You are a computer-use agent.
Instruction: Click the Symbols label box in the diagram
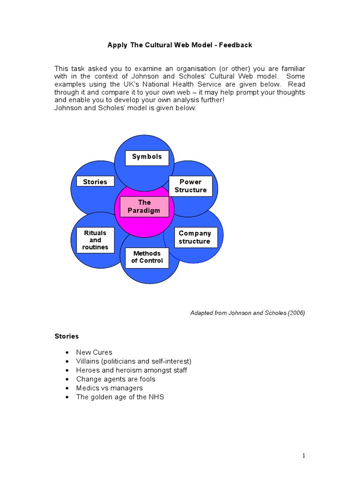[x=147, y=157]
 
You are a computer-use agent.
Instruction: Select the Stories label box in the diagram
[x=95, y=182]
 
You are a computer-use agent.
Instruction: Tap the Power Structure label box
[x=191, y=186]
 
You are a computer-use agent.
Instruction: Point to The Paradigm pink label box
[x=144, y=207]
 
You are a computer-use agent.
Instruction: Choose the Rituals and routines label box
[x=95, y=240]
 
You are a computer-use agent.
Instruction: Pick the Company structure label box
[x=195, y=237]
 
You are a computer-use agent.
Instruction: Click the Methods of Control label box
[x=147, y=257]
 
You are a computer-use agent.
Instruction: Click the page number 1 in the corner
[x=303, y=456]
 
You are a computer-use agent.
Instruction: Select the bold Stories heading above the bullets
[x=67, y=336]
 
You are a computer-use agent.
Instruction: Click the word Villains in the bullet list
[x=88, y=361]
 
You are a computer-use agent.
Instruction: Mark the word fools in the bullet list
[x=146, y=379]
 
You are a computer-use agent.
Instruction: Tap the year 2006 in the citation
[x=295, y=313]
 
